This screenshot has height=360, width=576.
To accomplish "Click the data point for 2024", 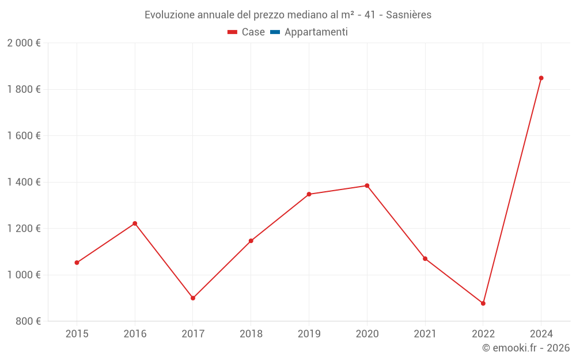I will [541, 78].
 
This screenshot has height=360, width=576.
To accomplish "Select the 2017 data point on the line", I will [193, 298].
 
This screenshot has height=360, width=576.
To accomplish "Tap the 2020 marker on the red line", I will [367, 185].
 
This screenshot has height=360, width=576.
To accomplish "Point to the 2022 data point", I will [483, 303].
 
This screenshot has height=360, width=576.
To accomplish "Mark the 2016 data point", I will [135, 223].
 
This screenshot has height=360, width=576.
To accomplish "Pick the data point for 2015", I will [77, 263].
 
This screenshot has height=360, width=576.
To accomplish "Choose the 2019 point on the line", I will [309, 194].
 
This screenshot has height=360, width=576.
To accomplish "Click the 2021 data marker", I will [425, 259].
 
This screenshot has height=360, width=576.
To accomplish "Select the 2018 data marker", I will [251, 241].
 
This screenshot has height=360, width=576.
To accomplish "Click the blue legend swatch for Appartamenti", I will [275, 32].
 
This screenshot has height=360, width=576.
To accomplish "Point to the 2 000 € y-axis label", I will [24, 43].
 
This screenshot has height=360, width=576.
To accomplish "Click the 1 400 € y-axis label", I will [24, 182].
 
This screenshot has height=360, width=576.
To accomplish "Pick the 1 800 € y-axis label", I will [24, 89].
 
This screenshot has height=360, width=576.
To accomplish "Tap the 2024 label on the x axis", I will [541, 334].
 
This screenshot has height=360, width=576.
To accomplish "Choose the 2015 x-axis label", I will [77, 334].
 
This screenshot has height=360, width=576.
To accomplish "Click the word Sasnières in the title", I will [408, 15].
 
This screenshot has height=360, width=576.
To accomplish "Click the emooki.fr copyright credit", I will [526, 348].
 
